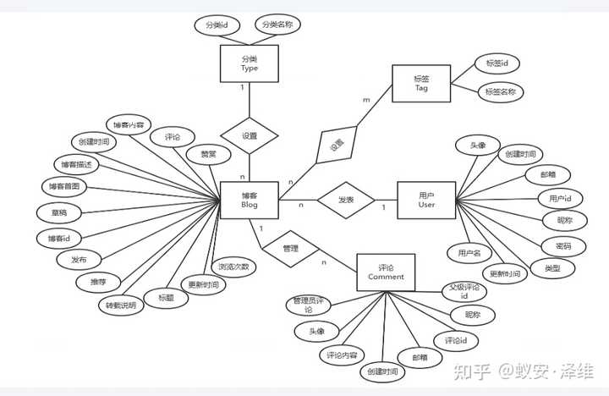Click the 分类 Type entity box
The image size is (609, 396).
[x=249, y=63]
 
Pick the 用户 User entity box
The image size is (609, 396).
[x=426, y=201]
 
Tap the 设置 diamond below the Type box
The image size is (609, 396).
[x=249, y=135]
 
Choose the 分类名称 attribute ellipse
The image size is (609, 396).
[x=277, y=25]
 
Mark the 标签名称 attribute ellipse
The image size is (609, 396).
[x=502, y=91]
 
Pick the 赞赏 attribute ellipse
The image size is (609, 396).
[x=208, y=156]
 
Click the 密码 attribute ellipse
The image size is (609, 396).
[x=562, y=246]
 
